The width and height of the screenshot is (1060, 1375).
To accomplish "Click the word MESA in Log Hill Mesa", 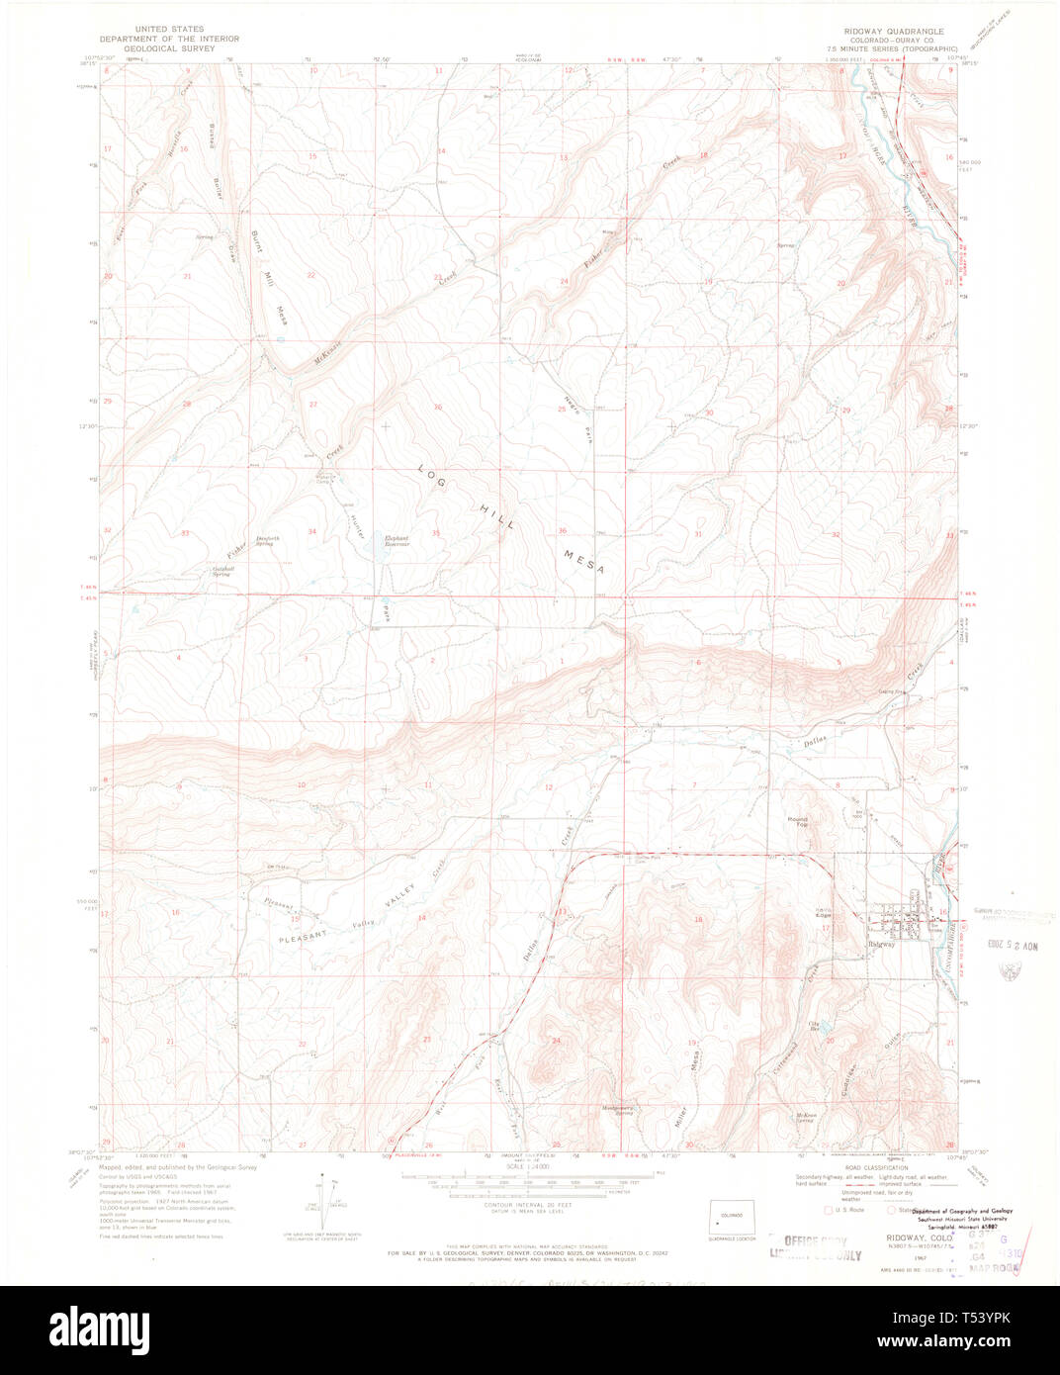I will coord(583,563).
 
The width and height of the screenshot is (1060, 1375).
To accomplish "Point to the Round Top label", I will coord(797,820).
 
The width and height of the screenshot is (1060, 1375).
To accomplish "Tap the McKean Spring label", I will coord(806,1117).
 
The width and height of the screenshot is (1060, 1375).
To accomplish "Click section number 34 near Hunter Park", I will coord(311,532).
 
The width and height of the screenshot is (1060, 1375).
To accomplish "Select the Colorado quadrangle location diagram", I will coord(732,1216).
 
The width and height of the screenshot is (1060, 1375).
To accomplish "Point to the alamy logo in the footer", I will coord(99,1328).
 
